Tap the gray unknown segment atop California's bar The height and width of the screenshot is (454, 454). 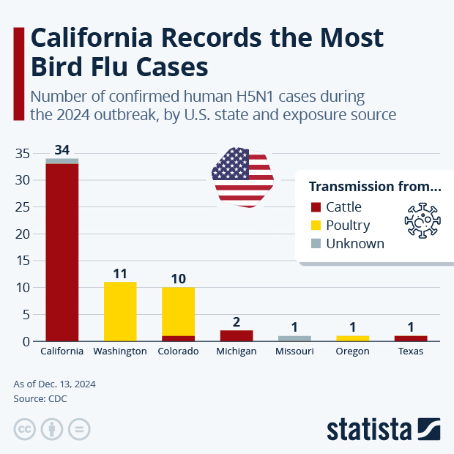click(62, 161)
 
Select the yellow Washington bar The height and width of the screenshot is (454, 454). click(120, 311)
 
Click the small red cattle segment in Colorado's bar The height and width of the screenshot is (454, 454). click(178, 338)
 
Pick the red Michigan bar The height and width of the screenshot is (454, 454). click(237, 335)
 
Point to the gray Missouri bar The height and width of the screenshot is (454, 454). click(294, 338)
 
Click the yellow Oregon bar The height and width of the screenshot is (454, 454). click(352, 338)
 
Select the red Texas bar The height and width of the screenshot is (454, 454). click(411, 338)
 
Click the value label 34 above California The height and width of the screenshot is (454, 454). click(62, 149)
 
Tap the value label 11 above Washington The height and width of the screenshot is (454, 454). click(120, 274)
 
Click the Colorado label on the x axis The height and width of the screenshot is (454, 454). click(178, 351)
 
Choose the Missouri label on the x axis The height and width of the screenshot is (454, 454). click(294, 351)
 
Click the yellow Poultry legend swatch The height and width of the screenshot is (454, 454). click(316, 226)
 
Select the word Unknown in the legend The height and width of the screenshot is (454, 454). click(355, 244)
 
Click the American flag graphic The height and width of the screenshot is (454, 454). click(242, 176)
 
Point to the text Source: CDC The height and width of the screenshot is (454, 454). click(41, 398)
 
